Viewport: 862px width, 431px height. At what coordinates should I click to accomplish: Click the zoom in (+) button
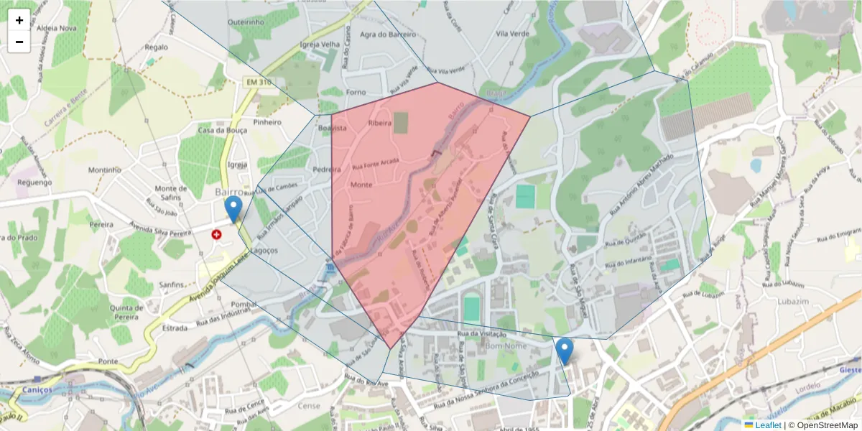pos(19,20)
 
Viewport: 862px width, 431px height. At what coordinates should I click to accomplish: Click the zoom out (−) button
pos(19,42)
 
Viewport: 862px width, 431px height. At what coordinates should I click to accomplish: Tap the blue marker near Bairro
pos(233,209)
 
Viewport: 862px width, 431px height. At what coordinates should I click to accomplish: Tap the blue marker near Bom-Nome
pos(565,351)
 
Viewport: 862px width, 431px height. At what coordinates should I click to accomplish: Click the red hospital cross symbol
pos(216,234)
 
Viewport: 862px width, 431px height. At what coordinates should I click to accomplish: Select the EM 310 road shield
pos(259,83)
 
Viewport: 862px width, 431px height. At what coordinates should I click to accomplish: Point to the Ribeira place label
pos(379,123)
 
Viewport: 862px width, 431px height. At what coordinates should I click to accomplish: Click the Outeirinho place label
pos(246,22)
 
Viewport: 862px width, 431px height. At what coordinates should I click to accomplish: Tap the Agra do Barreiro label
pos(388,34)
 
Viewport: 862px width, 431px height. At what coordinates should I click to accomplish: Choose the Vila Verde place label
pos(512,34)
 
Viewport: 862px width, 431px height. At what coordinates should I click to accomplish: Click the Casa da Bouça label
pos(223,131)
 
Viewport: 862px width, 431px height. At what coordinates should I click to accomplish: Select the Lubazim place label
pos(794,302)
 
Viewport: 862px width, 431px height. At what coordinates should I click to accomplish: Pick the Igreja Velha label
pos(320,44)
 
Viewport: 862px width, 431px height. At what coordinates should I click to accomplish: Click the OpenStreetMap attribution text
pos(822,425)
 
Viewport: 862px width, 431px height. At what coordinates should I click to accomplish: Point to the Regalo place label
pos(156,47)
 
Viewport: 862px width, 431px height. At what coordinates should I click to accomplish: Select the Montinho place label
pos(105,170)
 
